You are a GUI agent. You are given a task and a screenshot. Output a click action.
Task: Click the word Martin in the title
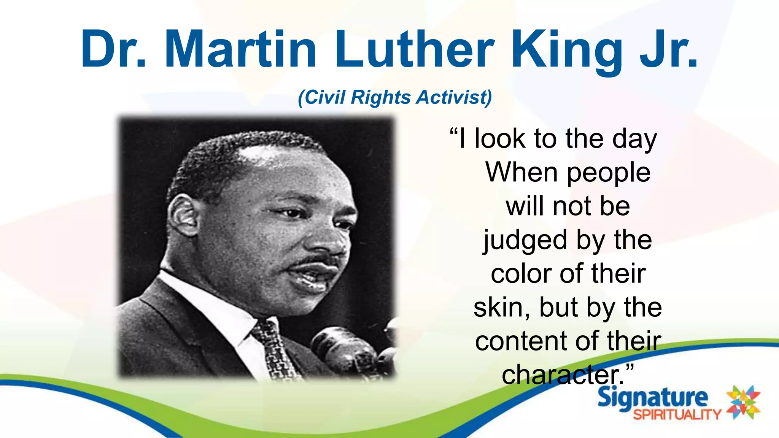click(240, 49)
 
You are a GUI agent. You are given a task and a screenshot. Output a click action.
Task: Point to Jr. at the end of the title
click(668, 49)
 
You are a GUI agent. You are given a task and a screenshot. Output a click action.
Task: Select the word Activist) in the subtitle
click(454, 97)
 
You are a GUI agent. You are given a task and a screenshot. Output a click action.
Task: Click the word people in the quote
click(609, 174)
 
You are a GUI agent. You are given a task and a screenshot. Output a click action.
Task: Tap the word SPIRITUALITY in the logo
click(677, 414)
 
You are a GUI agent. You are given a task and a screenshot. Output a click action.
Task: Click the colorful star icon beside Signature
click(743, 402)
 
